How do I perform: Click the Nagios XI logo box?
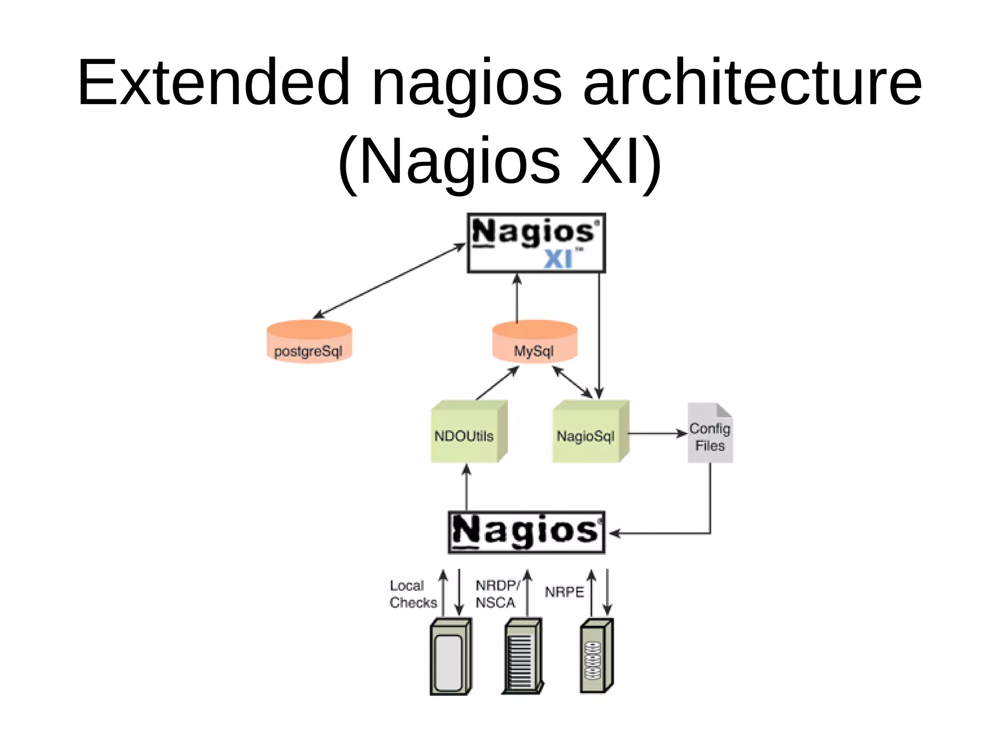tap(536, 243)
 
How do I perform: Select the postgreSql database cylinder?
tap(309, 342)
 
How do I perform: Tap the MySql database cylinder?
tap(535, 342)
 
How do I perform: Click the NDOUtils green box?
tap(468, 432)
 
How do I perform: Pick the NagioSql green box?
tap(590, 432)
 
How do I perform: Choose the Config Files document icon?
tap(710, 433)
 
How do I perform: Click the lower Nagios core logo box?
tap(526, 532)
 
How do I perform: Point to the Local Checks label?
tap(412, 594)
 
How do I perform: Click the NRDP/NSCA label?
tap(497, 594)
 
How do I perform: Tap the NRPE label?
tap(564, 592)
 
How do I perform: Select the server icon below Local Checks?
tap(450, 657)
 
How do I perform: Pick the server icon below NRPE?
tap(596, 656)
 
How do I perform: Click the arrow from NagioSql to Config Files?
tap(657, 433)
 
